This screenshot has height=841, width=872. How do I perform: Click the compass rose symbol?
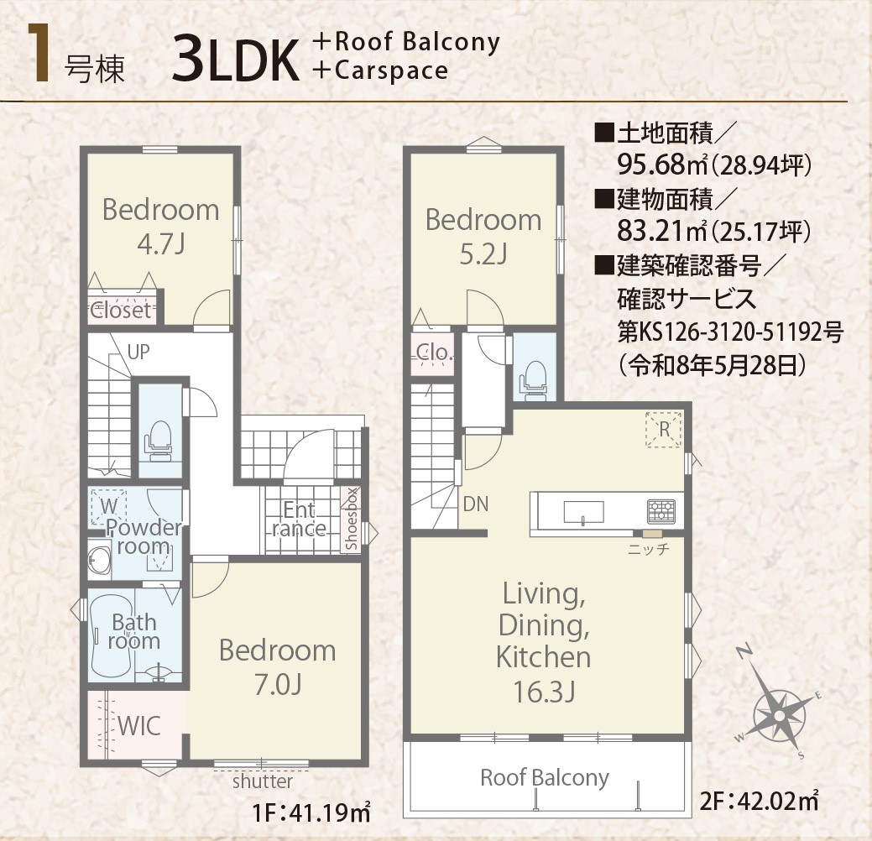[780, 715]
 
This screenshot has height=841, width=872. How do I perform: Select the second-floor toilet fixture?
[534, 380]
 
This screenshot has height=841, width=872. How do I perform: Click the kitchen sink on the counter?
[583, 512]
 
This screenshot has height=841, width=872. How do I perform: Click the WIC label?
[139, 726]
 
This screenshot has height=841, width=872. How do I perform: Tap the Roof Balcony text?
[545, 777]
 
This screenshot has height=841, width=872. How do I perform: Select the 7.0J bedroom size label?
[278, 685]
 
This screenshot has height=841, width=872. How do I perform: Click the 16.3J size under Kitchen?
[543, 692]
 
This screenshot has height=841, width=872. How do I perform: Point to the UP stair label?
[138, 352]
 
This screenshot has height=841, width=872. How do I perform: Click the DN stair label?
[476, 504]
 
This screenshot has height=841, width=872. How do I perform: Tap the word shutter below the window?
[263, 781]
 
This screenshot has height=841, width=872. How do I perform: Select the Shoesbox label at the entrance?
[351, 520]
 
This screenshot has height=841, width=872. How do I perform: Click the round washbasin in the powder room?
[100, 560]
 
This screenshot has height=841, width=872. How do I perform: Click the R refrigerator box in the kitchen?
[664, 430]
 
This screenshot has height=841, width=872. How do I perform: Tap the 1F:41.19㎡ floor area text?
[311, 814]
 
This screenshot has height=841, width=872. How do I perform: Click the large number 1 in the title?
[39, 54]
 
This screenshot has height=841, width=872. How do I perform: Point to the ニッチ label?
[649, 550]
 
